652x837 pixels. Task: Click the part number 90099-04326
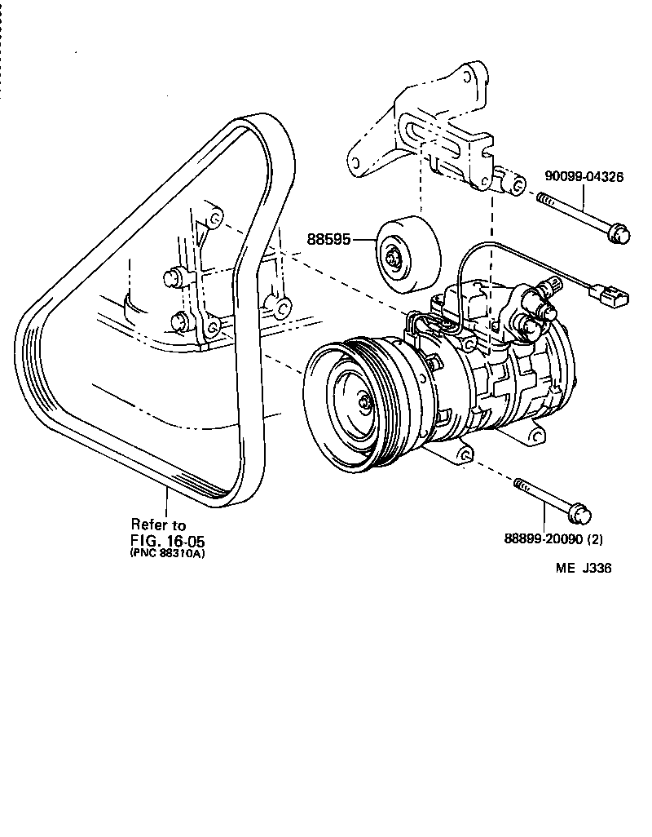pyautogui.click(x=584, y=176)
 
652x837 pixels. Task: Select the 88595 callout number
pyautogui.click(x=328, y=240)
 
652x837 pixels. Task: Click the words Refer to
pyautogui.click(x=158, y=525)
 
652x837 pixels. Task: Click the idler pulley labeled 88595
pyautogui.click(x=407, y=254)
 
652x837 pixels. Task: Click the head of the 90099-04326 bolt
pyautogui.click(x=620, y=234)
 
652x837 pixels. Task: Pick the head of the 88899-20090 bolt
pyautogui.click(x=579, y=515)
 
